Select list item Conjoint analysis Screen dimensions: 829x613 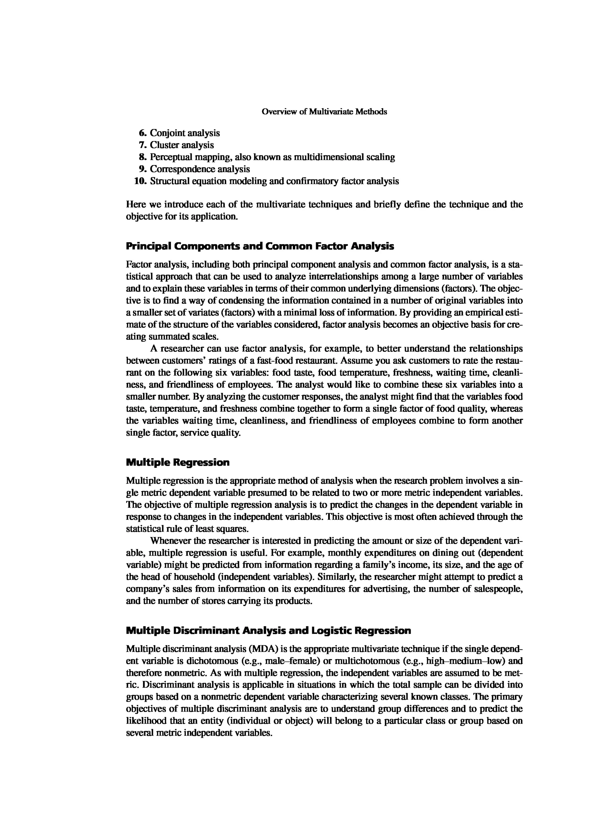click(x=184, y=133)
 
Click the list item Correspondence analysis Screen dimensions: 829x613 click(x=200, y=169)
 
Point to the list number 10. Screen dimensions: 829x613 click(x=140, y=181)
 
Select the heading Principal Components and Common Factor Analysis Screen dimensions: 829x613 click(x=260, y=246)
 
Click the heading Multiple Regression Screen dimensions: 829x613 click(x=178, y=463)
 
